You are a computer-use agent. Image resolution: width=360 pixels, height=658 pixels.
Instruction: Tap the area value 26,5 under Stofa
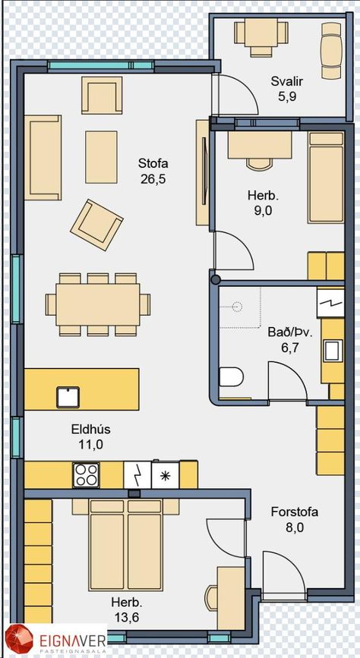pyautogui.click(x=153, y=180)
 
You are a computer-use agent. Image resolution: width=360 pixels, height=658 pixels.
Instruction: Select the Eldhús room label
pyautogui.click(x=90, y=430)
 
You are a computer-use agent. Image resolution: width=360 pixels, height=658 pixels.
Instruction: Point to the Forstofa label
pyautogui.click(x=295, y=512)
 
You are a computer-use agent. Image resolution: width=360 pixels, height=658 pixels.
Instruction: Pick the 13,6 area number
pyautogui.click(x=127, y=617)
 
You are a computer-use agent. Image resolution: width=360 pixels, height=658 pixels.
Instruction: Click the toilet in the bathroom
pyautogui.click(x=232, y=376)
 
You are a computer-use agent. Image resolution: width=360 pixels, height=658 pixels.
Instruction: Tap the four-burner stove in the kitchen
pyautogui.click(x=86, y=474)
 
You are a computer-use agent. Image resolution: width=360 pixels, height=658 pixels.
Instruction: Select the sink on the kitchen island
pyautogui.click(x=68, y=397)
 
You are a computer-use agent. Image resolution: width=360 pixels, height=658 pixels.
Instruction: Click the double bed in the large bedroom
pyautogui.click(x=125, y=545)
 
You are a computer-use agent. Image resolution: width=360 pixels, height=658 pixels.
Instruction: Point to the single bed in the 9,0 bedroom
pyautogui.click(x=326, y=178)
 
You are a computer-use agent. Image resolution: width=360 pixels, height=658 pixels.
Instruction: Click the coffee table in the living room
pyautogui.click(x=101, y=157)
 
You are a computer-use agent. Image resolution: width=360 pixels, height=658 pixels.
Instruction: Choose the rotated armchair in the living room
pyautogui.click(x=96, y=225)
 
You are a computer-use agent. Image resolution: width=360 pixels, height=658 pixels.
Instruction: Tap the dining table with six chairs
pyautogui.click(x=98, y=304)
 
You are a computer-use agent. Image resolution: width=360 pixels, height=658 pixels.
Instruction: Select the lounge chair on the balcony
pyautogui.click(x=331, y=50)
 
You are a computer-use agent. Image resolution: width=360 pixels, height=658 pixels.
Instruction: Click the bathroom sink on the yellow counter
pyautogui.click(x=333, y=351)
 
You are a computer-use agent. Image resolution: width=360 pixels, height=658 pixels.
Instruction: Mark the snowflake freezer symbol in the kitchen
pyautogui.click(x=165, y=474)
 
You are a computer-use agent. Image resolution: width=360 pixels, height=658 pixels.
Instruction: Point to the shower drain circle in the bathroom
pyautogui.click(x=238, y=307)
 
